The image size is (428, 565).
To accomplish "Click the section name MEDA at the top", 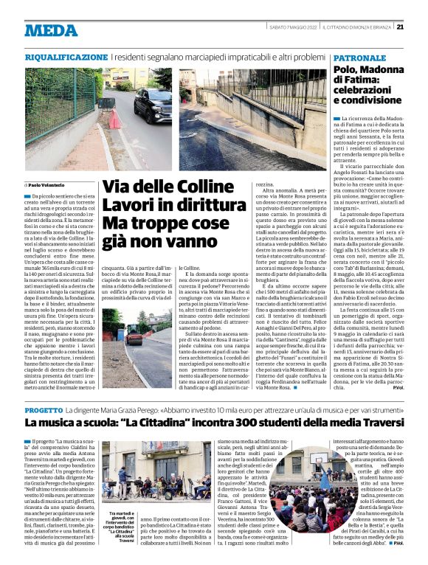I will click(x=51, y=30).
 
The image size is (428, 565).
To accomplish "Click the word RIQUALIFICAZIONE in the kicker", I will click(x=66, y=57).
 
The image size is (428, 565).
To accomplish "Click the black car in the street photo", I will click(x=153, y=103).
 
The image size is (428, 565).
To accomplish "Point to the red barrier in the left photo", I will click(x=114, y=119).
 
